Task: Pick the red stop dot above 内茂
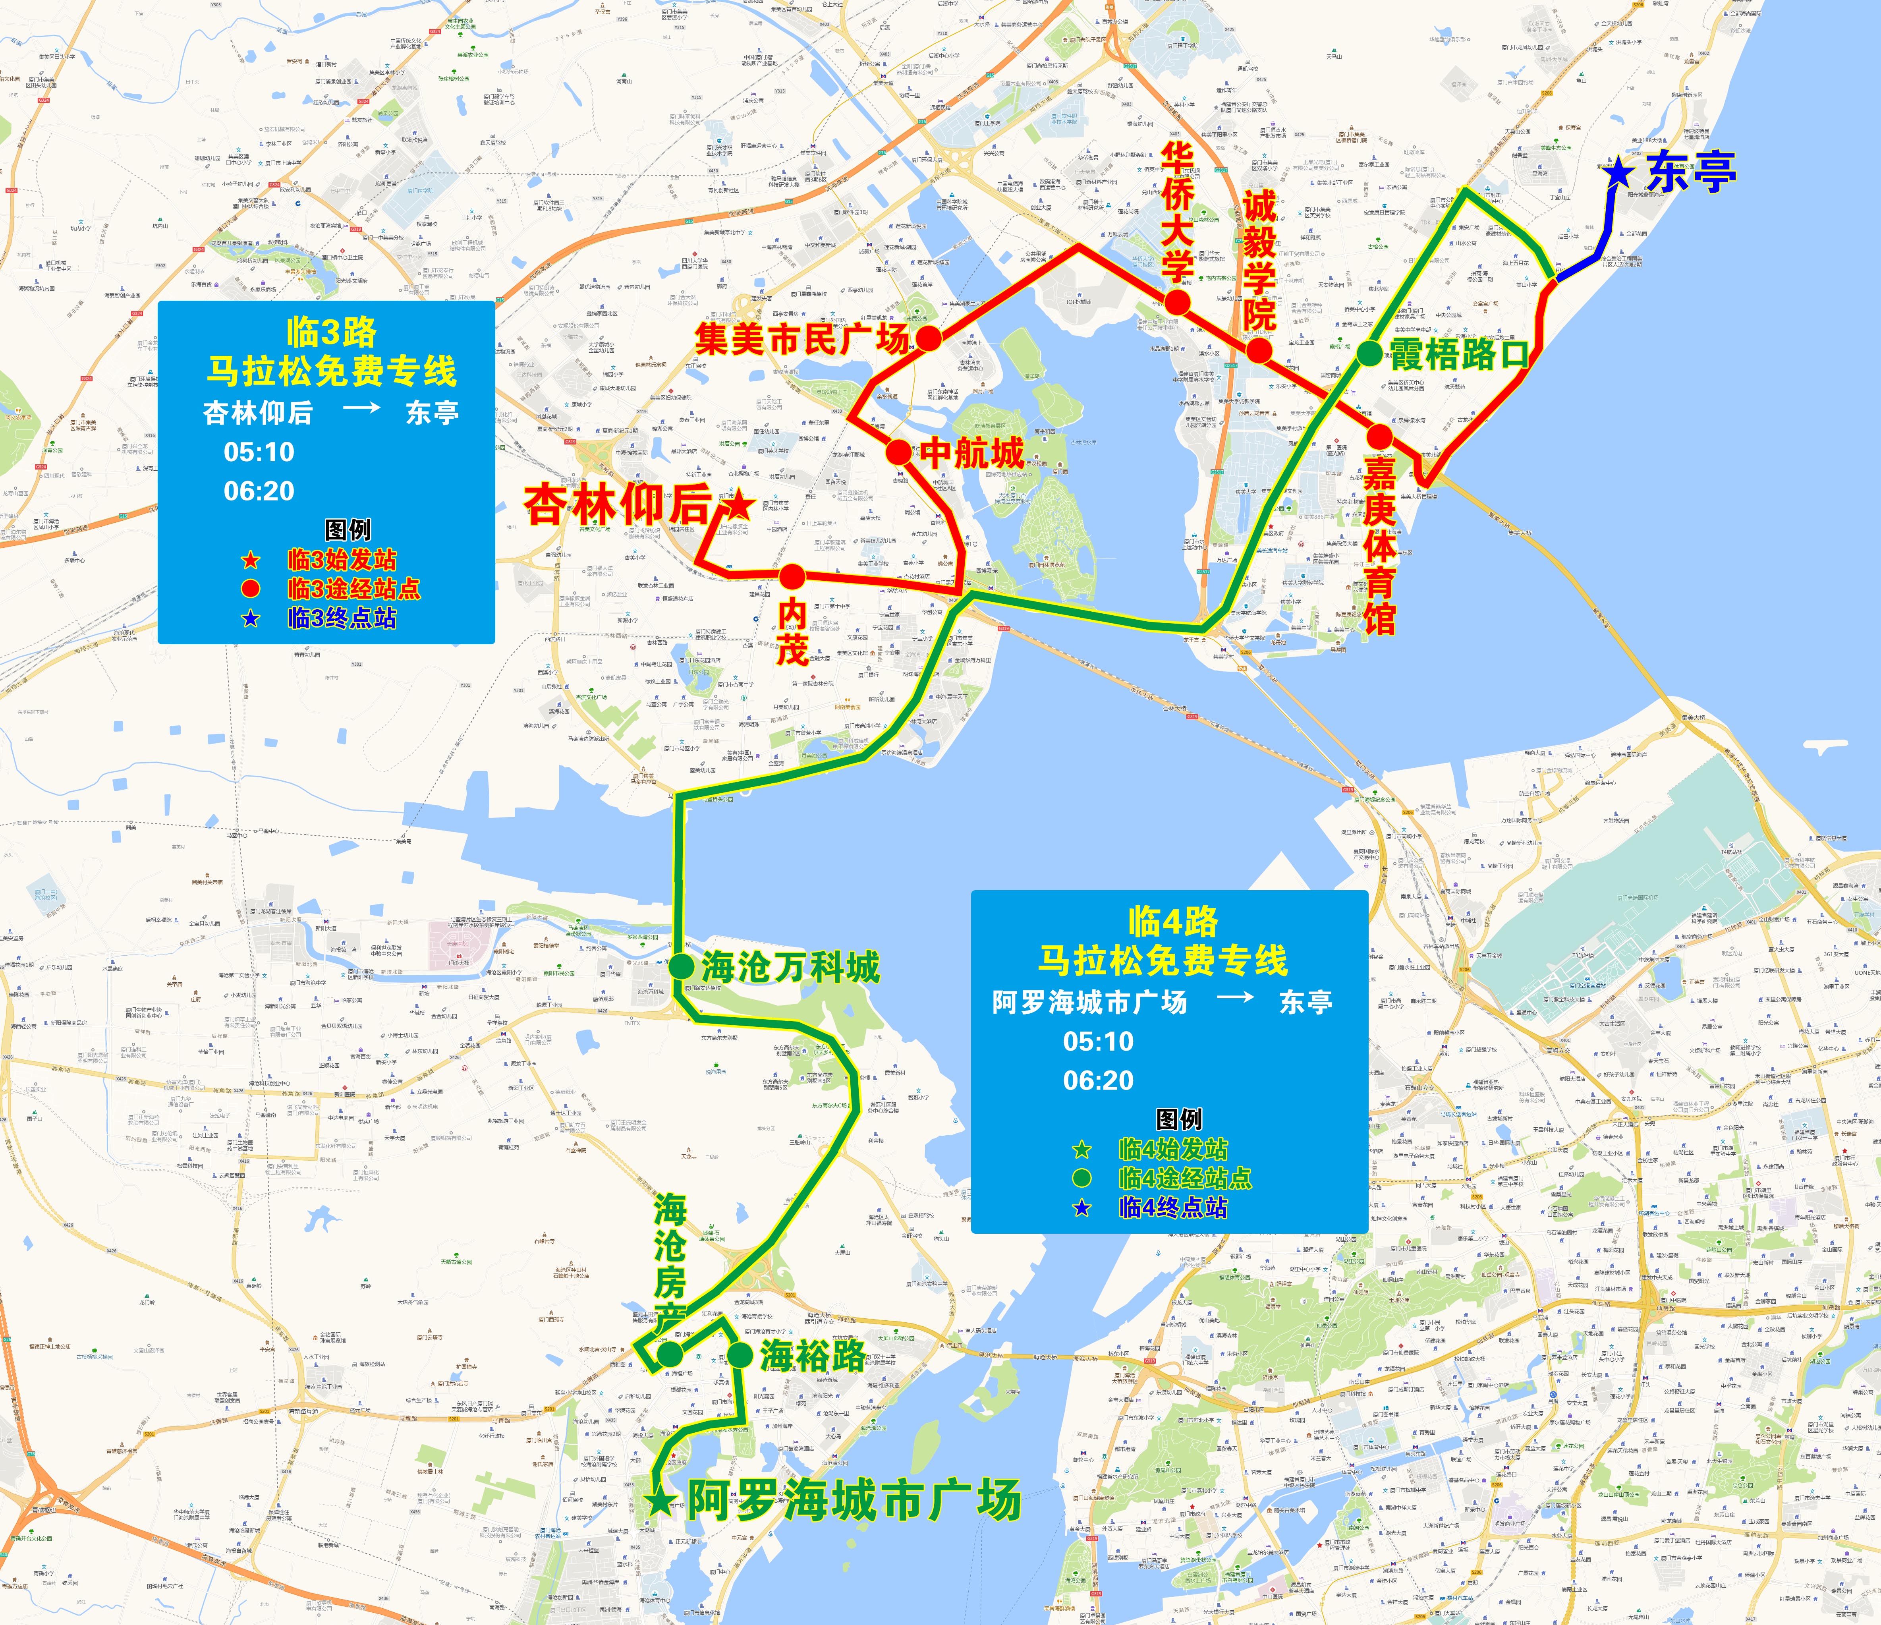pyautogui.click(x=792, y=576)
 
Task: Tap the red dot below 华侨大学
pyautogui.click(x=1178, y=302)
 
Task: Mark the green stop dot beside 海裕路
pyautogui.click(x=740, y=1355)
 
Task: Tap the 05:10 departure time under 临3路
pyautogui.click(x=260, y=452)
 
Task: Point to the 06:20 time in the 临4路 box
pyautogui.click(x=1099, y=1080)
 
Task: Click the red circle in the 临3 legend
pyautogui.click(x=251, y=588)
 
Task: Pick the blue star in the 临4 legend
pyautogui.click(x=1081, y=1208)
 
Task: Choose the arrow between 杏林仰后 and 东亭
pyautogui.click(x=361, y=410)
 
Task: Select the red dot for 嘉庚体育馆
pyautogui.click(x=1379, y=437)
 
